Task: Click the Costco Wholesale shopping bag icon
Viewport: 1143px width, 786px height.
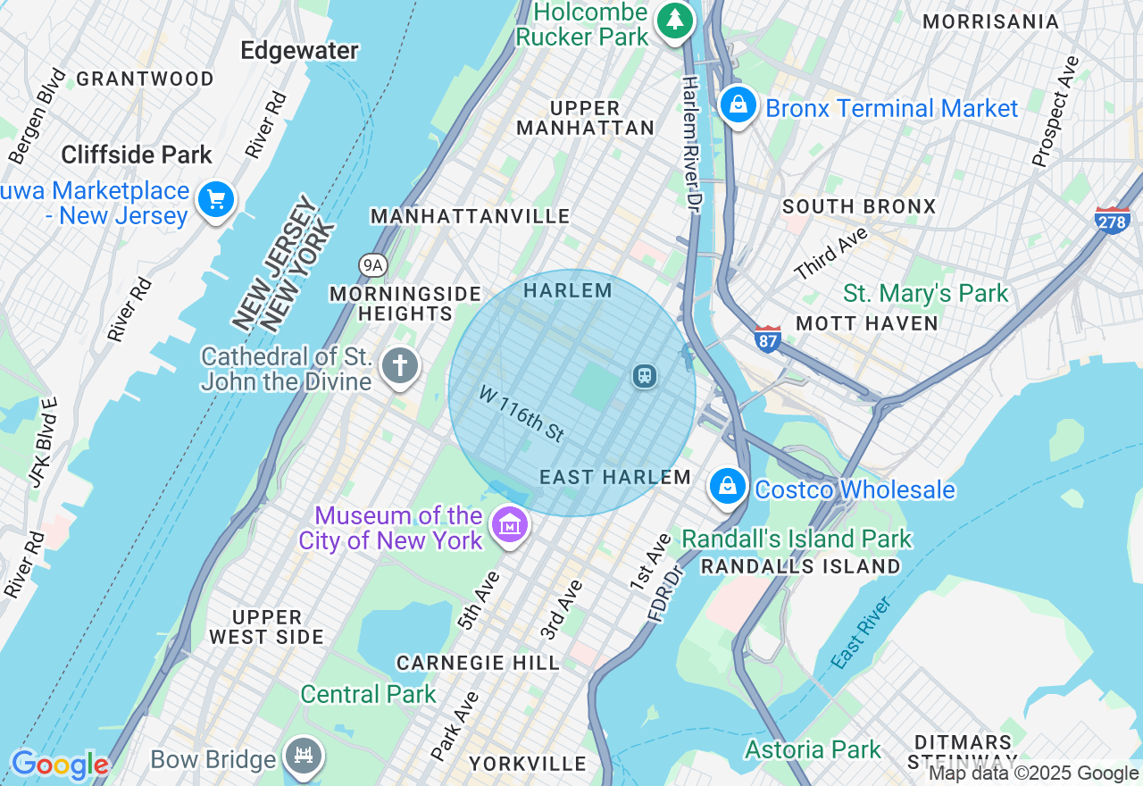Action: pos(729,487)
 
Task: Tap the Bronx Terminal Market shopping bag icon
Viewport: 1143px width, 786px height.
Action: pos(738,105)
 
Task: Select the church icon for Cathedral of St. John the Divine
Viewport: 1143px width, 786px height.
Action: pos(399,367)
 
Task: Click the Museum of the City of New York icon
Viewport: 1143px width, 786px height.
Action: pos(510,525)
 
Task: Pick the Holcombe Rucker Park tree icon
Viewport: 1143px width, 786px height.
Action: pos(676,21)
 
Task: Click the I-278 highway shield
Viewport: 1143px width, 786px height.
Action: pos(1112,219)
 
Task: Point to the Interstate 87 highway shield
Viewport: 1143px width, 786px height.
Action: pos(767,338)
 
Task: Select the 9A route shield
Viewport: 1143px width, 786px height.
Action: pos(372,265)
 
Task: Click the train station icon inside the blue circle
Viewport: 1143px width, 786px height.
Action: pos(644,376)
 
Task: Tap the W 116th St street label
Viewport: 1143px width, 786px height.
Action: pos(521,414)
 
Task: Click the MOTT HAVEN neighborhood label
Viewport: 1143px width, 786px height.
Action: pos(866,323)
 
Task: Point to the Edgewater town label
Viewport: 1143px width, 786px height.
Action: pos(300,51)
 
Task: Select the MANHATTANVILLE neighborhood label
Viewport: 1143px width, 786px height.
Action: pos(470,216)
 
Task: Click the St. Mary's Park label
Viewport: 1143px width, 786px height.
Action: pos(925,293)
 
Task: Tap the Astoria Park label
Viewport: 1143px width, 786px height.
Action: pos(813,749)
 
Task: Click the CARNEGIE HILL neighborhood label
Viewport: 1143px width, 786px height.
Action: pos(478,663)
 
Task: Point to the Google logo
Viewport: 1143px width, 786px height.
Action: pos(59,765)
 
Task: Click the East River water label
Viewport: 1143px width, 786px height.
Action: pos(861,634)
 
